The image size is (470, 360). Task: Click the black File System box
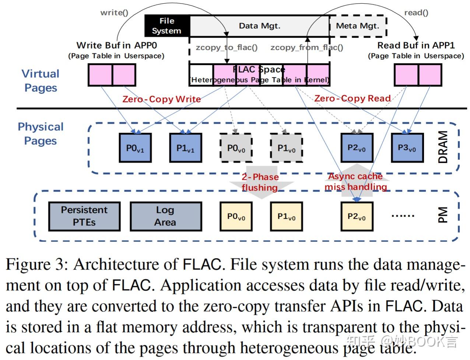pyautogui.click(x=167, y=26)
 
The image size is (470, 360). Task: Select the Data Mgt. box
pyautogui.click(x=259, y=26)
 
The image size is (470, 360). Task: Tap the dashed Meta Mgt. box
pyautogui.click(x=357, y=26)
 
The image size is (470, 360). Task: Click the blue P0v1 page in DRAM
pyautogui.click(x=135, y=148)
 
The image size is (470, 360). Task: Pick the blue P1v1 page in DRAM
pyautogui.click(x=185, y=148)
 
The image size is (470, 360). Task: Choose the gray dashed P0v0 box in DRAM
pyautogui.click(x=236, y=148)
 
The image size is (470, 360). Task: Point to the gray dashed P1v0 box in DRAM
pyautogui.click(x=286, y=148)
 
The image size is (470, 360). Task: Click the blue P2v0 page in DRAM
pyautogui.click(x=357, y=148)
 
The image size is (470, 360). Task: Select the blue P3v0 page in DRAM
pyautogui.click(x=407, y=148)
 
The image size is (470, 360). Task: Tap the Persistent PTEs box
pyautogui.click(x=84, y=216)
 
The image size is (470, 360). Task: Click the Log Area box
pyautogui.click(x=165, y=216)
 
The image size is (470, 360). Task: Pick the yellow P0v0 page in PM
pyautogui.click(x=236, y=216)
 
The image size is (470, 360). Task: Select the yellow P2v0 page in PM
pyautogui.click(x=357, y=216)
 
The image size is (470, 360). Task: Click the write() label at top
pyautogui.click(x=114, y=13)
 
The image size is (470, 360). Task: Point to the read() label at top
pyautogui.click(x=416, y=13)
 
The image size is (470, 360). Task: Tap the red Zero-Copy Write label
pyautogui.click(x=162, y=99)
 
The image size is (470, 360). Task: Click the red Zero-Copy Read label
pyautogui.click(x=352, y=98)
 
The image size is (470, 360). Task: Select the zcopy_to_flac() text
pyautogui.click(x=227, y=47)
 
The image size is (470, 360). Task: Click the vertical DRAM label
pyautogui.click(x=443, y=147)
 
